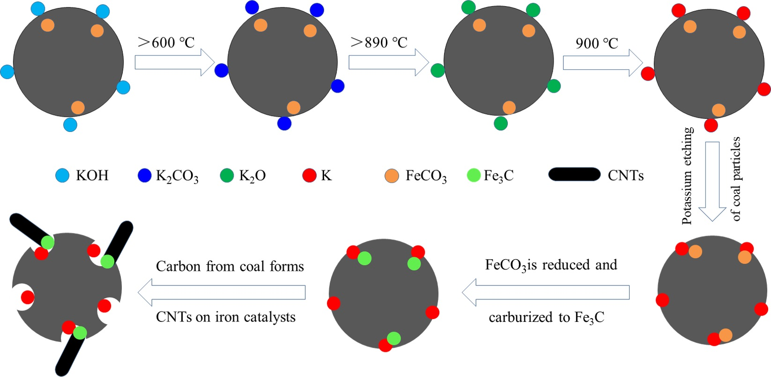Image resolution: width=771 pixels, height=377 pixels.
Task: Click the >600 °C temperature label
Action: (x=166, y=43)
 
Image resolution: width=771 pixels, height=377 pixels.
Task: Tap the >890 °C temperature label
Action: (x=379, y=43)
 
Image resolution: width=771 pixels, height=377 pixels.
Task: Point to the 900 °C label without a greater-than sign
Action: (x=597, y=43)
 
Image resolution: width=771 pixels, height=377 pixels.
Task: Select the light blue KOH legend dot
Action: (x=62, y=175)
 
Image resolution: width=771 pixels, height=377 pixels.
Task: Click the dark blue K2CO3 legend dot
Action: (x=144, y=175)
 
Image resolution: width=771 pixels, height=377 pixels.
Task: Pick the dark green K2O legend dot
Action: (x=227, y=175)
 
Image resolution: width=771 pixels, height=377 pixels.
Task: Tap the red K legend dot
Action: (x=309, y=175)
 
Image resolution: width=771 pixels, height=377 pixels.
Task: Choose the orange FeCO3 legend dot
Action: (x=392, y=176)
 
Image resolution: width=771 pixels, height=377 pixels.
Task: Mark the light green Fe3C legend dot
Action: (x=474, y=175)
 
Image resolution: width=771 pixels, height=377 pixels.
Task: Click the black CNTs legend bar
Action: (x=574, y=174)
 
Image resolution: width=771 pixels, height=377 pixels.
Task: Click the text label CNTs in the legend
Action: (x=626, y=176)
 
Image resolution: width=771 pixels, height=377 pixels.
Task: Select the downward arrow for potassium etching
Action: (x=712, y=181)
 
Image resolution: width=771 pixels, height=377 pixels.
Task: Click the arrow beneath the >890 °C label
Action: (x=388, y=62)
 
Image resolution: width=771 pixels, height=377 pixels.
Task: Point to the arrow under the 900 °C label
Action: (x=602, y=62)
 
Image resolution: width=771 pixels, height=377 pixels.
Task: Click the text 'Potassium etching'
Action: (x=687, y=176)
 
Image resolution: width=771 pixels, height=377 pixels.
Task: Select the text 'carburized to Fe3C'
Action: (x=546, y=318)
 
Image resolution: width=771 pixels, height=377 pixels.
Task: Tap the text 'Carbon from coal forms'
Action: (x=230, y=267)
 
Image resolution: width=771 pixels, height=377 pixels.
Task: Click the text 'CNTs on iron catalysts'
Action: (x=226, y=317)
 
